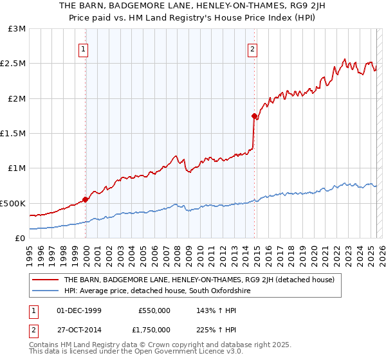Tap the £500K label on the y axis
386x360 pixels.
click(x=13, y=203)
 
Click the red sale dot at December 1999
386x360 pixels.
click(x=85, y=199)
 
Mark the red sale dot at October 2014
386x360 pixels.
click(x=253, y=116)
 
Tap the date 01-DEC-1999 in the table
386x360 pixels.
click(x=79, y=310)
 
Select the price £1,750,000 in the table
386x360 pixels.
click(x=154, y=329)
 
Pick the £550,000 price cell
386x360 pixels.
click(x=154, y=310)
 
